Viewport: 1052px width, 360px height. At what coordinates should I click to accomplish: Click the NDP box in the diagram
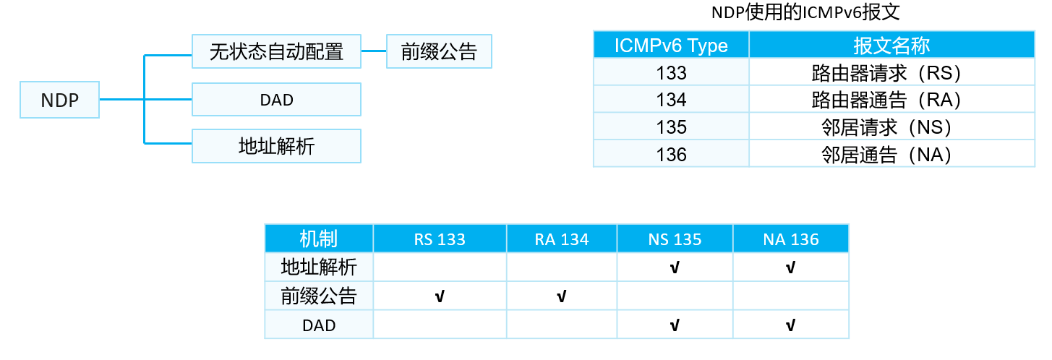(x=59, y=100)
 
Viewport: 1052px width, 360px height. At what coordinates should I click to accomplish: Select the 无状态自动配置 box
(x=277, y=51)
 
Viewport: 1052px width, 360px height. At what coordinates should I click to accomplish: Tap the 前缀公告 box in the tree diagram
(x=439, y=51)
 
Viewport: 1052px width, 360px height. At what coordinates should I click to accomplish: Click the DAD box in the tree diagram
(x=277, y=100)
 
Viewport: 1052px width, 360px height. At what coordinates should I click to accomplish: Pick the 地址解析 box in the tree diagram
(x=277, y=146)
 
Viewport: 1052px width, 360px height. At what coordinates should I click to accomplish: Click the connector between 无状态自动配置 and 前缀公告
(x=374, y=51)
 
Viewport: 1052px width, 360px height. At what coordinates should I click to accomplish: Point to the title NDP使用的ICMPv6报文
(x=805, y=12)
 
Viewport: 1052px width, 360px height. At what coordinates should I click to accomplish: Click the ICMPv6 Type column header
(x=671, y=45)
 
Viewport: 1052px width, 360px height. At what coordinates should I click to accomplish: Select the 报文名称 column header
(x=891, y=45)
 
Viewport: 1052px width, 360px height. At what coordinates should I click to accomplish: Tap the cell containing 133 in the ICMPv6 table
(x=671, y=72)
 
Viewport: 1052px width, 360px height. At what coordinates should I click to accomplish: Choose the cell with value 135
(x=671, y=127)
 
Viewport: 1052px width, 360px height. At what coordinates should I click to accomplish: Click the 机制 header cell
(x=319, y=239)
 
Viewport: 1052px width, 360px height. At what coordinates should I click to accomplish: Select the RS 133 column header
(x=440, y=239)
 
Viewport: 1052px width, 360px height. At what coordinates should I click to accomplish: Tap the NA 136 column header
(x=791, y=239)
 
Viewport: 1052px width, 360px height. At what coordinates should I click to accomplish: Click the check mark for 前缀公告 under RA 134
(x=561, y=296)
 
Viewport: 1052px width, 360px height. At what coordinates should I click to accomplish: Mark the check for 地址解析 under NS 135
(x=675, y=267)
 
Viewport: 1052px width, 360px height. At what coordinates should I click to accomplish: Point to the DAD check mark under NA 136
(x=790, y=325)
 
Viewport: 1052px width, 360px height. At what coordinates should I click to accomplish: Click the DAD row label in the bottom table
(x=319, y=325)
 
